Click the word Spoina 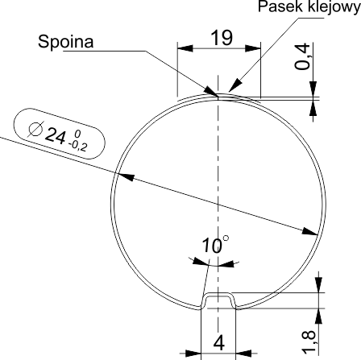click(x=66, y=42)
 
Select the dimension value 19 click(x=222, y=37)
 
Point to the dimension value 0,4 click(x=302, y=56)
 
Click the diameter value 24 click(x=56, y=135)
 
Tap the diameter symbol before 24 click(x=35, y=129)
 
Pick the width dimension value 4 click(x=219, y=343)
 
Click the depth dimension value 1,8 click(x=309, y=341)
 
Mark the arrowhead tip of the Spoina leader click(x=218, y=96)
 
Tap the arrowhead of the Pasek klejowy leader click(x=229, y=91)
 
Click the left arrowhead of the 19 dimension click(x=178, y=48)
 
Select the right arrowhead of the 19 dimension click(x=260, y=48)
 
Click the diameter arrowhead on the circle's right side click(x=317, y=234)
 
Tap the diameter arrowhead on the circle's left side click(x=115, y=173)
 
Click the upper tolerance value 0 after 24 click(x=77, y=134)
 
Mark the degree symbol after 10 click(x=226, y=238)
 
